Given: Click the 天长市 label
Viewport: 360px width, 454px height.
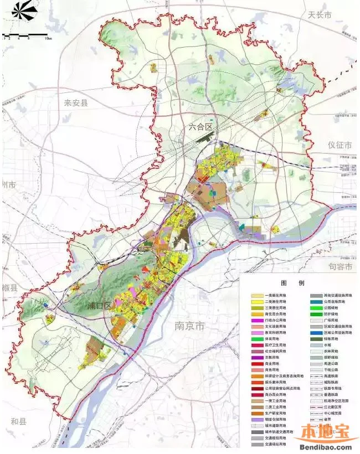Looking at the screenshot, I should point(320,16).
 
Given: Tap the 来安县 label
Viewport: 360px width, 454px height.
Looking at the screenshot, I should point(76,103).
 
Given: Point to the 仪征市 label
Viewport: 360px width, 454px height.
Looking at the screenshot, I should point(340,146).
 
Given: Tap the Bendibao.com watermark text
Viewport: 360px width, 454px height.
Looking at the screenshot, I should point(327,446).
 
